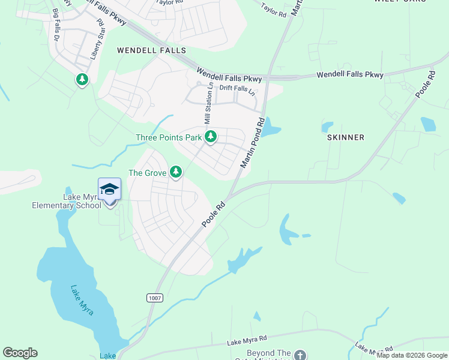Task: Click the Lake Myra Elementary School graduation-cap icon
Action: point(109,190)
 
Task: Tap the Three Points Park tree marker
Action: point(210,137)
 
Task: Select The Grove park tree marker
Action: point(175,173)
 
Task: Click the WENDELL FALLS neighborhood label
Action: point(151,50)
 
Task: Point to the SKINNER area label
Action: point(345,137)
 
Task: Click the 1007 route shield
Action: point(154,298)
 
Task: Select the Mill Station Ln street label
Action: point(209,104)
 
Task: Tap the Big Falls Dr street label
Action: point(58,25)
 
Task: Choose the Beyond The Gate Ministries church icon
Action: point(300,355)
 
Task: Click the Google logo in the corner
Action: point(20,353)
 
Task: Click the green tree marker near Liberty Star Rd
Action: point(82,79)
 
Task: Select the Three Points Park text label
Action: point(169,137)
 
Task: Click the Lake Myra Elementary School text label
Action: point(66,202)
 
